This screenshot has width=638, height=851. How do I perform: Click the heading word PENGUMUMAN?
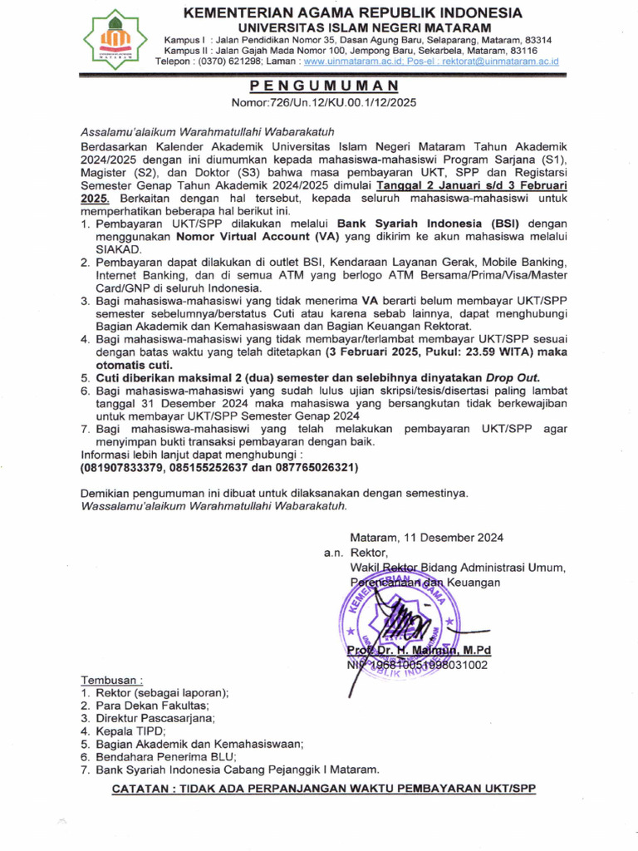click(324, 86)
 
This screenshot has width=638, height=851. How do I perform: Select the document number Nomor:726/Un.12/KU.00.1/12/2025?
click(323, 103)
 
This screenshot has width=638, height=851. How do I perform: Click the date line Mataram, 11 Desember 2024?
click(426, 538)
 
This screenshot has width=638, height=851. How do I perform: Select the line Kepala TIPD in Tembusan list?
click(130, 731)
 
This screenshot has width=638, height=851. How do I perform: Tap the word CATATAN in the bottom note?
click(143, 788)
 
